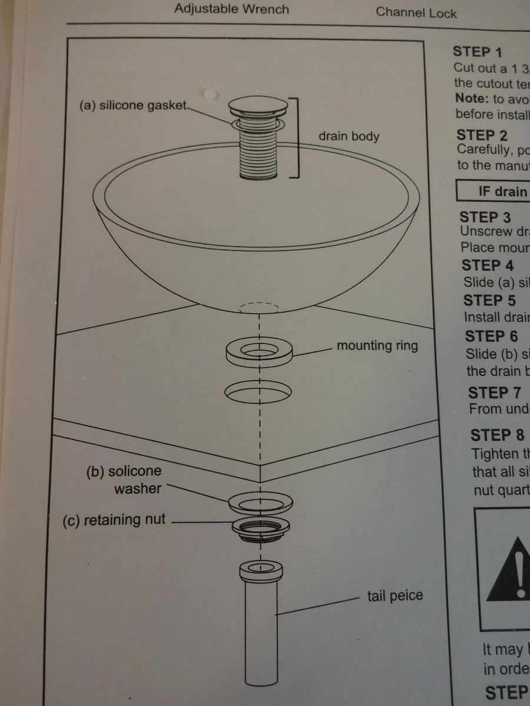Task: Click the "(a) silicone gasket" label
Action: click(132, 106)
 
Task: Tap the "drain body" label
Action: click(349, 136)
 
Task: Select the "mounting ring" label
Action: click(377, 345)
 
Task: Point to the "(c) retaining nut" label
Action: click(114, 520)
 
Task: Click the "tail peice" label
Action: click(395, 596)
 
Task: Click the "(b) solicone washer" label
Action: click(125, 479)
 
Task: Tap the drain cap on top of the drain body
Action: click(259, 106)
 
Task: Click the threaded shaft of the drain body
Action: click(259, 153)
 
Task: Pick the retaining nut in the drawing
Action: click(259, 528)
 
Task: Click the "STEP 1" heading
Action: click(478, 52)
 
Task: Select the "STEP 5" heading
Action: click(489, 301)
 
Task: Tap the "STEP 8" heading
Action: click(496, 435)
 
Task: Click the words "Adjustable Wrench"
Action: click(231, 9)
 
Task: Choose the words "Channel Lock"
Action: click(416, 12)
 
